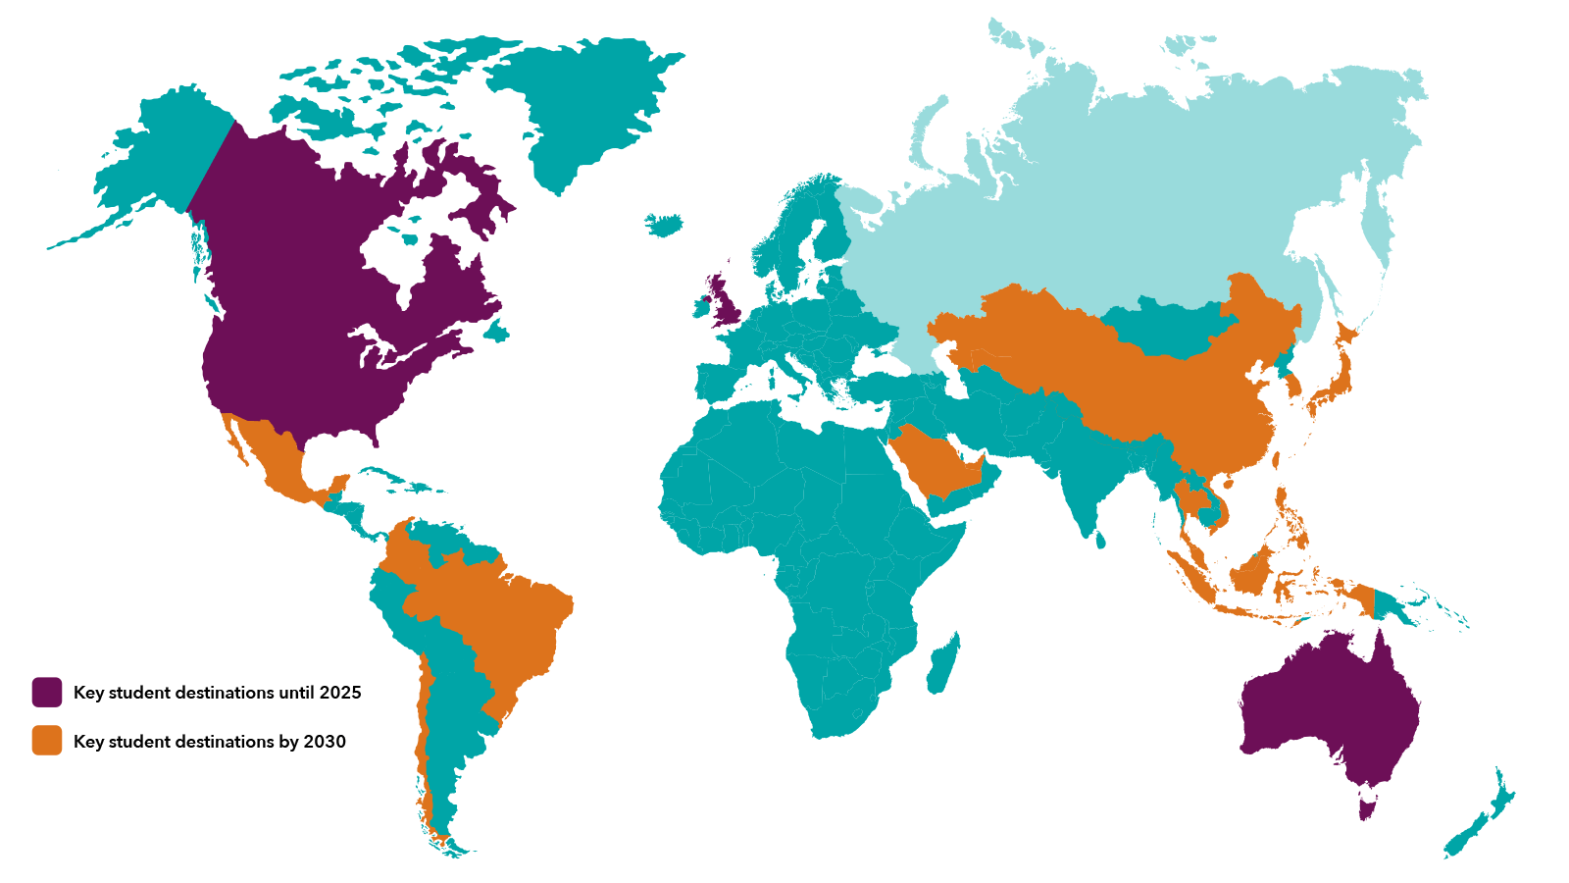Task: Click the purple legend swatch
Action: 47,692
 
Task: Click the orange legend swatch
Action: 47,741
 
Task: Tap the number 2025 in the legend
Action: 340,693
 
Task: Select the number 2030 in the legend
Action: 325,742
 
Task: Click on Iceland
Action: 665,225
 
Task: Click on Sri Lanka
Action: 1100,540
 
